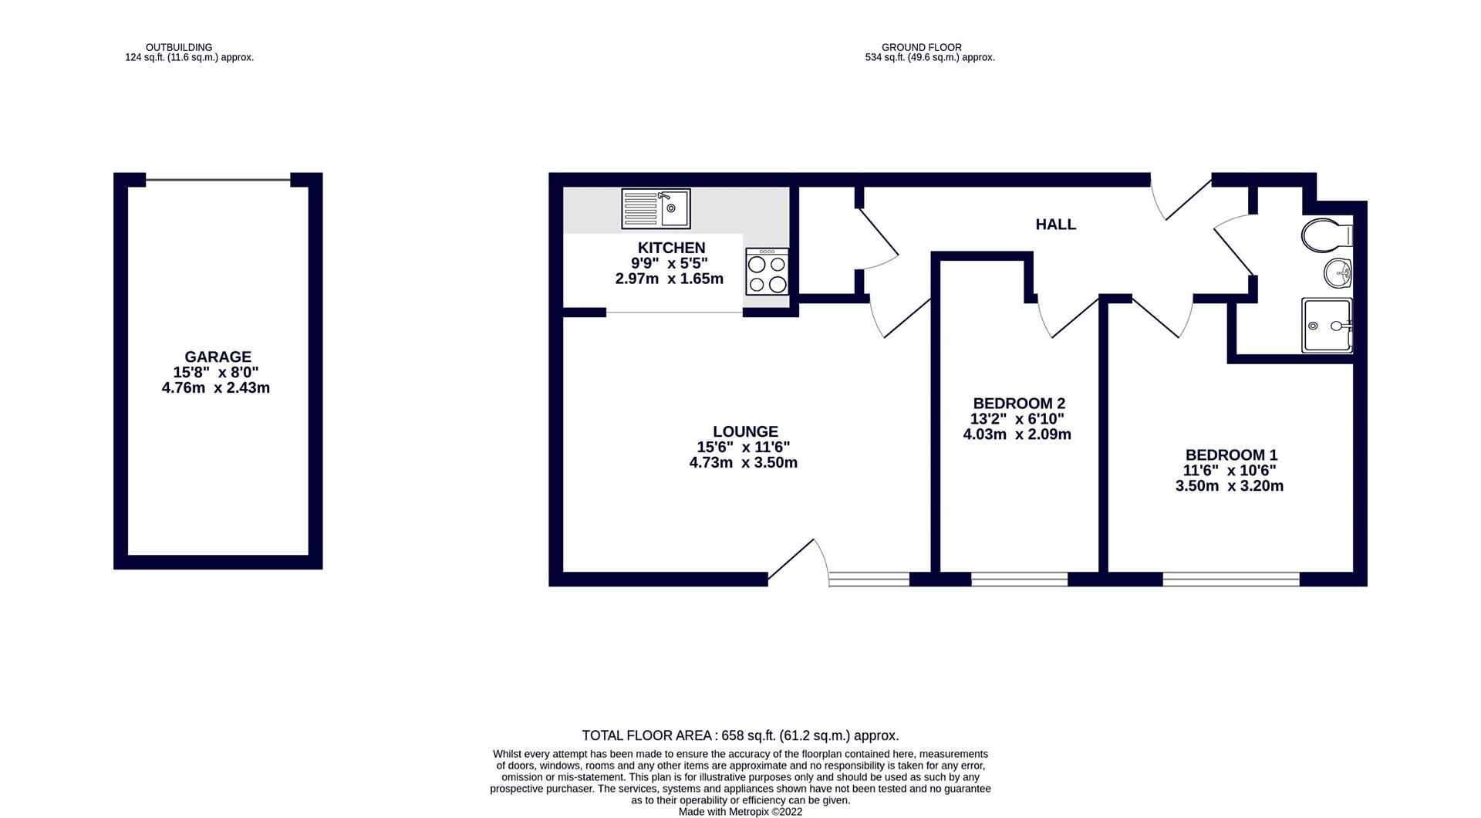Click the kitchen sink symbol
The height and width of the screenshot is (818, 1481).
coord(656,208)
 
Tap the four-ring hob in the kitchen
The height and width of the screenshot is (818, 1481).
coord(767,272)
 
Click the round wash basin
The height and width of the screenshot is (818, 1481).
coord(1338,272)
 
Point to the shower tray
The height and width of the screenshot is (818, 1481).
coord(1326,326)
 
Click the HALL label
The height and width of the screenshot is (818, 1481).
coord(1055,225)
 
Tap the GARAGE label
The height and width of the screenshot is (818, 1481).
coord(218,357)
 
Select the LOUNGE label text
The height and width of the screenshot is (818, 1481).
coord(745,431)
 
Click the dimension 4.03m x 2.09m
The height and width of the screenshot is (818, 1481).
coord(1017,434)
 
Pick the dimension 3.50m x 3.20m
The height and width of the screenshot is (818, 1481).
coord(1229,486)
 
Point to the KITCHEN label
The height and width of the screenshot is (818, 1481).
coord(671,248)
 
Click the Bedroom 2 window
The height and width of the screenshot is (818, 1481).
coord(1019,579)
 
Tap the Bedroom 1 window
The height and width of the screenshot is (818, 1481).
coord(1230,579)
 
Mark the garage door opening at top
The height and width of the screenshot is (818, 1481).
coord(218,181)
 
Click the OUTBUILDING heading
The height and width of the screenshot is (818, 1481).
coord(179,47)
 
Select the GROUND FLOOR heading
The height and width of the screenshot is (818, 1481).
coord(921,47)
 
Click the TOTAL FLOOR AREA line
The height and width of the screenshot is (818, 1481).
coord(740,735)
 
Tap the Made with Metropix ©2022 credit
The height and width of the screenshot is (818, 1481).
coord(740,812)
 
